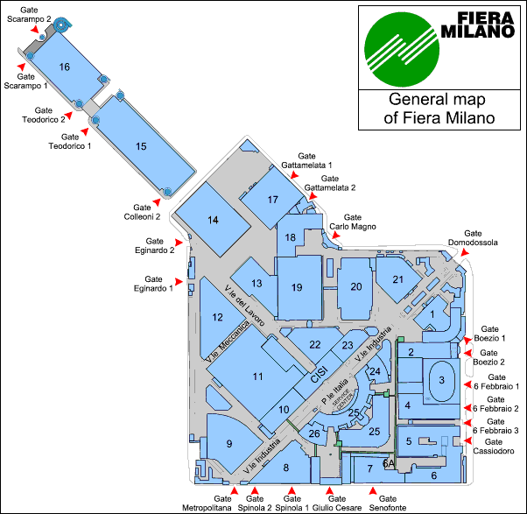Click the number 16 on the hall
point(64,67)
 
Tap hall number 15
point(141,145)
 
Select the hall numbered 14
point(212,220)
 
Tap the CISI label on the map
point(319,376)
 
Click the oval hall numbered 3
point(442,379)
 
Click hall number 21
point(397,279)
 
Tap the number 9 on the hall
point(229,444)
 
